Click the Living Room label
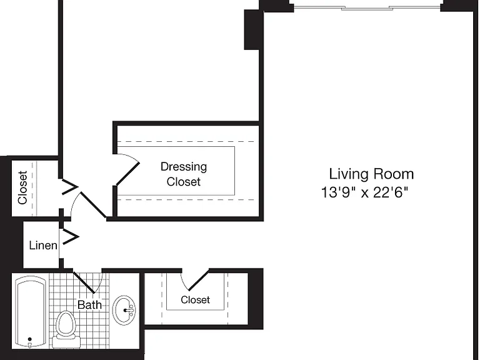tap(371, 174)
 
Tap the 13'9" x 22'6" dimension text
tap(364, 193)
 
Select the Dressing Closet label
tap(184, 174)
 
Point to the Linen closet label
tap(43, 245)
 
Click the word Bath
tap(89, 304)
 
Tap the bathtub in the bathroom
tap(30, 312)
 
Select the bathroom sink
tap(124, 310)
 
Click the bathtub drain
tap(30, 339)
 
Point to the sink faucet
tap(129, 311)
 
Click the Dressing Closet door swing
tap(127, 169)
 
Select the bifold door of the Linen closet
tap(71, 237)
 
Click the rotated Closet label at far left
tap(22, 187)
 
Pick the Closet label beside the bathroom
tap(195, 300)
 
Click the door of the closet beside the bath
tap(195, 280)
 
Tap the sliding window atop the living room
tap(367, 7)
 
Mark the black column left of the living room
tap(252, 29)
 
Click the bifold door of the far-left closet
tap(70, 186)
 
